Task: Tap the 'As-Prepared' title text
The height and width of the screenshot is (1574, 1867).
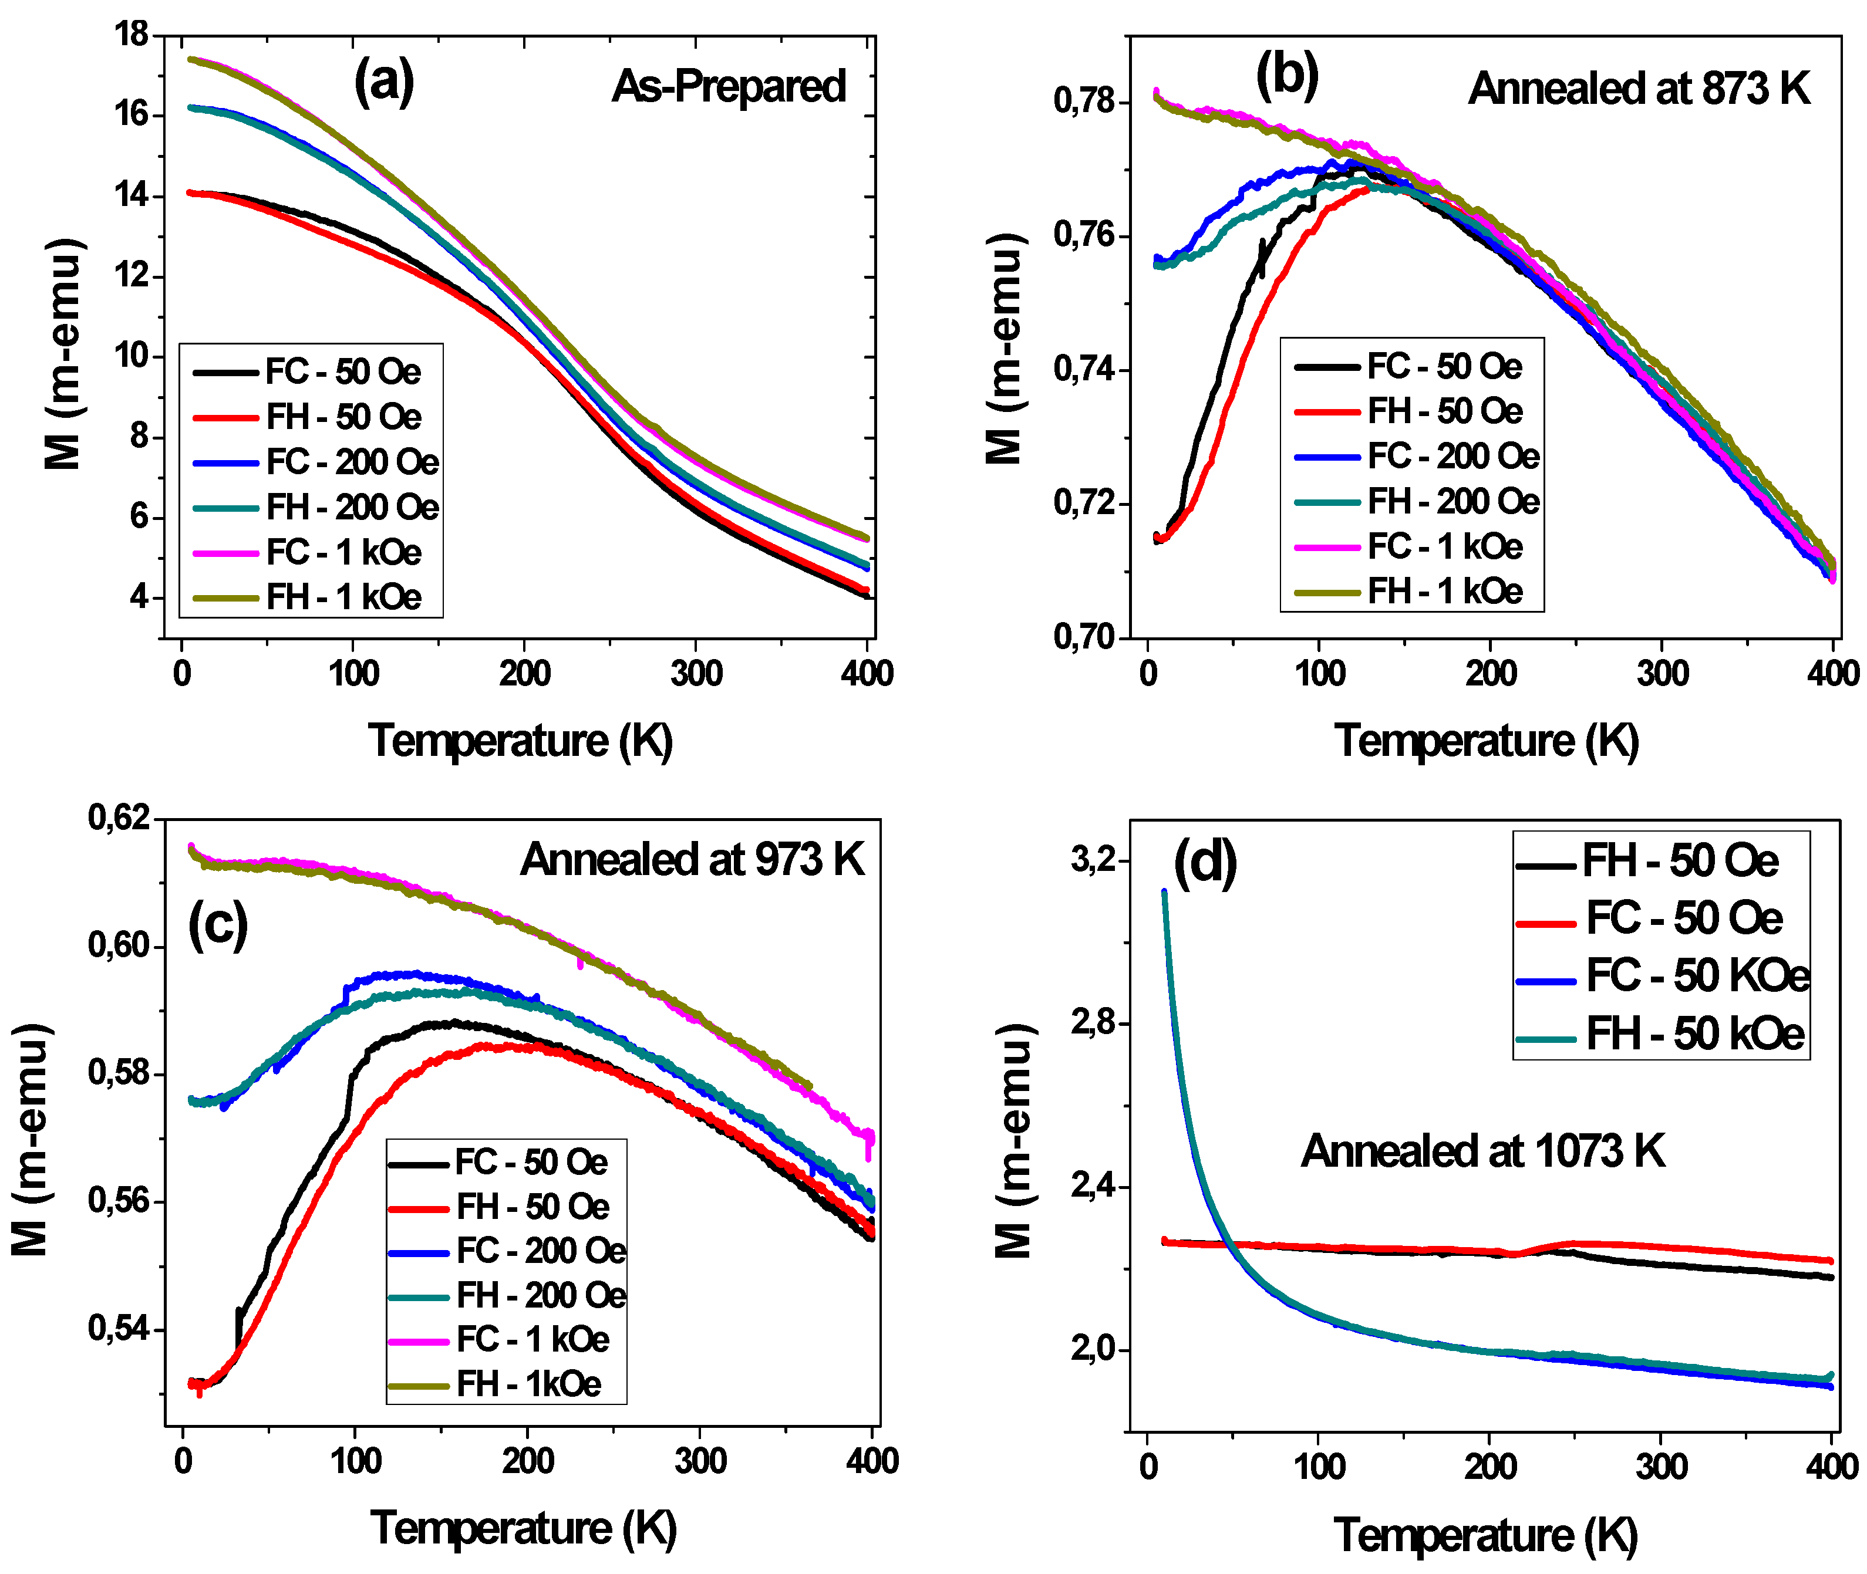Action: click(x=728, y=86)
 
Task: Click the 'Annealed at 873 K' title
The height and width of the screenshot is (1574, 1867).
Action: click(x=1639, y=89)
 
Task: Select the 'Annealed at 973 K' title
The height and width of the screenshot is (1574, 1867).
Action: click(x=693, y=859)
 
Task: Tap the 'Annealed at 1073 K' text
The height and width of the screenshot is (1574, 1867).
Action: click(x=1482, y=1151)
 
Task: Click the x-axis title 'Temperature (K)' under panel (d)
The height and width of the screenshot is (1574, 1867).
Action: click(x=1486, y=1535)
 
